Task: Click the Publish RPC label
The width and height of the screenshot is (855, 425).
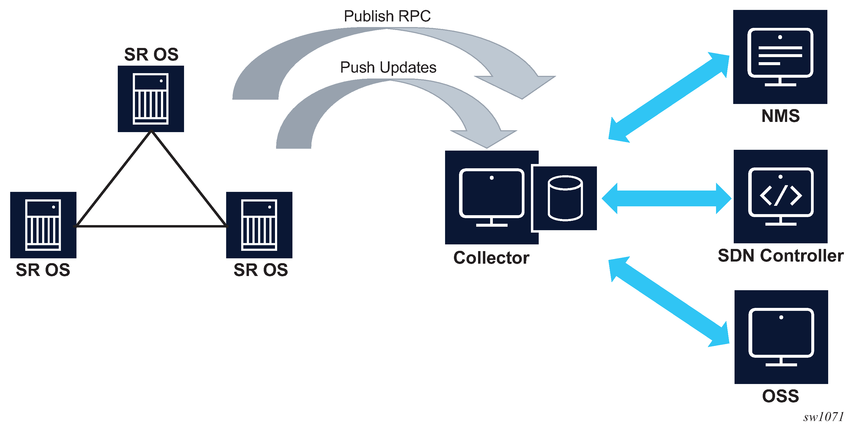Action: (x=387, y=16)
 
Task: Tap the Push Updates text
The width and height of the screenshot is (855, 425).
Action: (x=388, y=68)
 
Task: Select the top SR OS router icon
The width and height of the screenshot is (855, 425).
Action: (x=151, y=99)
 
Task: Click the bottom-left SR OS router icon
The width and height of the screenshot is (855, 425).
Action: (x=43, y=225)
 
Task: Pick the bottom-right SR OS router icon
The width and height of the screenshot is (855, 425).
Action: (x=259, y=225)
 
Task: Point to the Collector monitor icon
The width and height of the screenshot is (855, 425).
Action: (x=491, y=197)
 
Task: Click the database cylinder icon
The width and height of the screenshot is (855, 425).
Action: (x=565, y=198)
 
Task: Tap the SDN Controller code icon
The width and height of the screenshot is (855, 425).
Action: (x=781, y=196)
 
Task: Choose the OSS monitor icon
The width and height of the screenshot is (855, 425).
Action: (x=781, y=337)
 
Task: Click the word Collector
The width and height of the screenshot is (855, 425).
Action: (x=491, y=258)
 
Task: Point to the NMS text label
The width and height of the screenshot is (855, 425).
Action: (x=780, y=116)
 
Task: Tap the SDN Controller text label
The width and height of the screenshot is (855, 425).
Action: (x=781, y=256)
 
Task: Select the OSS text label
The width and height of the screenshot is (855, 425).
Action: (x=780, y=396)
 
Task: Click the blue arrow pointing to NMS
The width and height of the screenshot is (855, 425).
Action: (x=669, y=97)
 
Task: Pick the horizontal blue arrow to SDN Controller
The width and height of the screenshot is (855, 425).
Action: (x=666, y=198)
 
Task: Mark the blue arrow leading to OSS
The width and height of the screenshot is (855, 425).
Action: (x=669, y=302)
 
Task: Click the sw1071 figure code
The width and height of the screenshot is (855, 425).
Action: (x=823, y=417)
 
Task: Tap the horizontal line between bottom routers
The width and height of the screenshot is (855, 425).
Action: (x=151, y=226)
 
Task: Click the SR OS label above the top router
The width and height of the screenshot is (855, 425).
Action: (x=151, y=54)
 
